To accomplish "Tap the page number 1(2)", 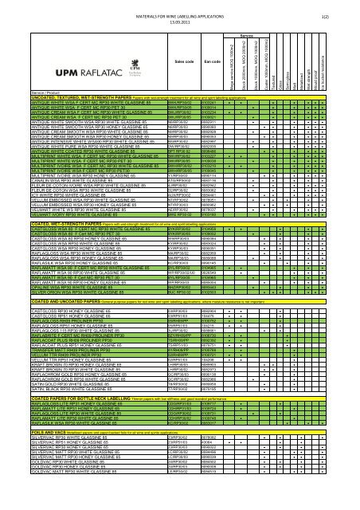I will tap(347, 7).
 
